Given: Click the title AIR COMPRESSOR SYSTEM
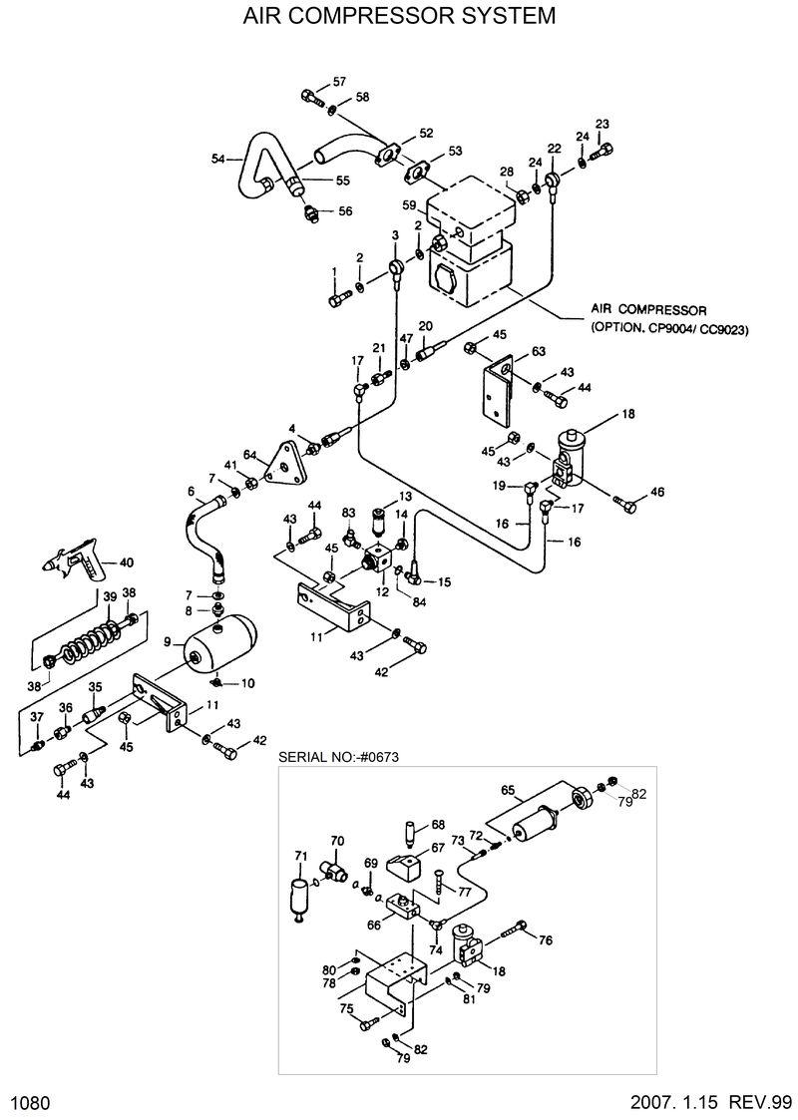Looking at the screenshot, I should click(399, 17).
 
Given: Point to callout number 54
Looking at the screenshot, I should click(217, 158).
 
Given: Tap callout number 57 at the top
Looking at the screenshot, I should click(339, 81).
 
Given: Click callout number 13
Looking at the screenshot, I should click(405, 496).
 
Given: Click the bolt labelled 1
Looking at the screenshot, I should click(336, 297).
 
